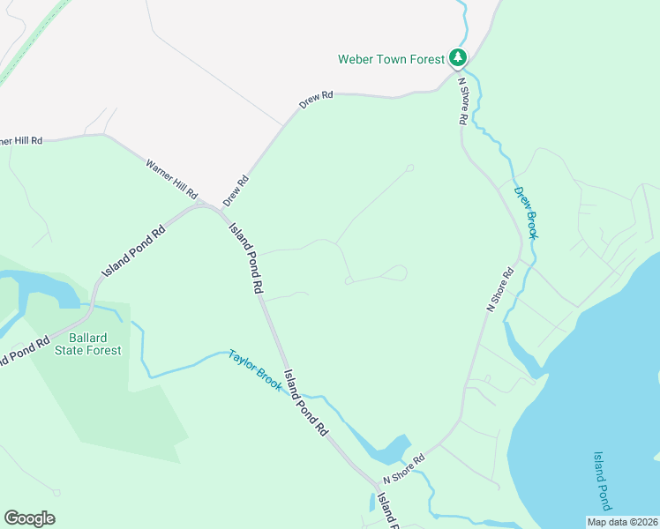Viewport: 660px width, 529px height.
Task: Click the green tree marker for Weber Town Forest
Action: [457, 58]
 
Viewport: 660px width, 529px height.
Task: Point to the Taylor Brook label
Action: [254, 370]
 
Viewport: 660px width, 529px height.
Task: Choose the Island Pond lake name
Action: [602, 481]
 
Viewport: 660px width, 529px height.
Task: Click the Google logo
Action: [29, 518]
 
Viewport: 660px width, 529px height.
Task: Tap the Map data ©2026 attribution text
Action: [621, 522]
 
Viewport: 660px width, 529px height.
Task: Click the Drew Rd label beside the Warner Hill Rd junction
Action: [236, 190]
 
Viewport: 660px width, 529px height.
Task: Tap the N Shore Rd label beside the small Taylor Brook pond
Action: [404, 469]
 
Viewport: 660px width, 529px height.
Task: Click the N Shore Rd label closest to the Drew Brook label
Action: [500, 290]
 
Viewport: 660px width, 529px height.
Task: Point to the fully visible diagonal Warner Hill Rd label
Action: [171, 178]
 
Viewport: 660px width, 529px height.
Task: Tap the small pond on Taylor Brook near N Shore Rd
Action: [390, 451]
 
